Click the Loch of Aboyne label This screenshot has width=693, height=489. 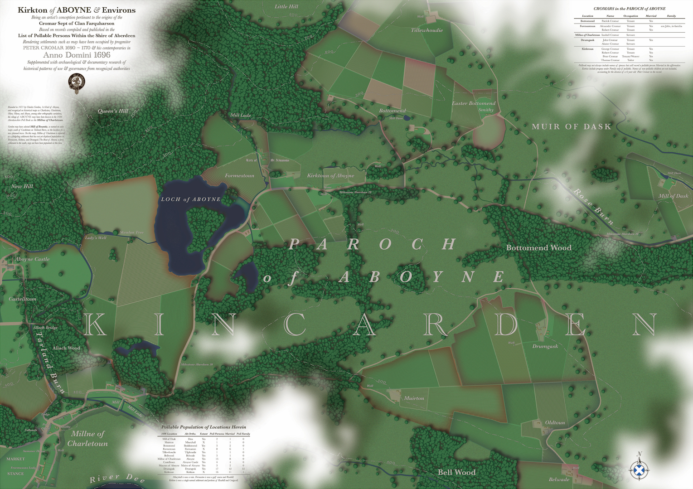tap(191, 199)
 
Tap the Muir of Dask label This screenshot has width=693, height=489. tap(571, 127)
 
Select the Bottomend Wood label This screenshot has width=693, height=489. tap(538, 248)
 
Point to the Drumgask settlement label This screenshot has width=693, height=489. tap(545, 346)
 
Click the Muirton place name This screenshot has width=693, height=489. tap(414, 398)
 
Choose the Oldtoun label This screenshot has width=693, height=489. tap(555, 423)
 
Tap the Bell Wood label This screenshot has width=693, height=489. tap(456, 472)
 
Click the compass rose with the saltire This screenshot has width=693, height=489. tap(639, 468)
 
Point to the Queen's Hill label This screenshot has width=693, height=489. tap(113, 111)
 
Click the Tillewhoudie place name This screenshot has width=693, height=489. tap(427, 30)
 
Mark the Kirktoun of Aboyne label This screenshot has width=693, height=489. tap(330, 176)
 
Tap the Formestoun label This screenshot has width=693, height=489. tap(239, 175)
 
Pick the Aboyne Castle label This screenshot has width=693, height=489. tap(33, 259)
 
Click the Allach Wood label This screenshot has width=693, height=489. tap(66, 348)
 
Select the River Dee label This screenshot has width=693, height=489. tap(117, 478)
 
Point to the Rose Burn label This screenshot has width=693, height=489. tap(594, 207)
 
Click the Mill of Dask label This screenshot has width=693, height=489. tap(673, 196)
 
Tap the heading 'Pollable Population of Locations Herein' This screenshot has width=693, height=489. tap(204, 427)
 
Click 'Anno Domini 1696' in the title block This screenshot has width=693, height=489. tap(77, 55)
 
